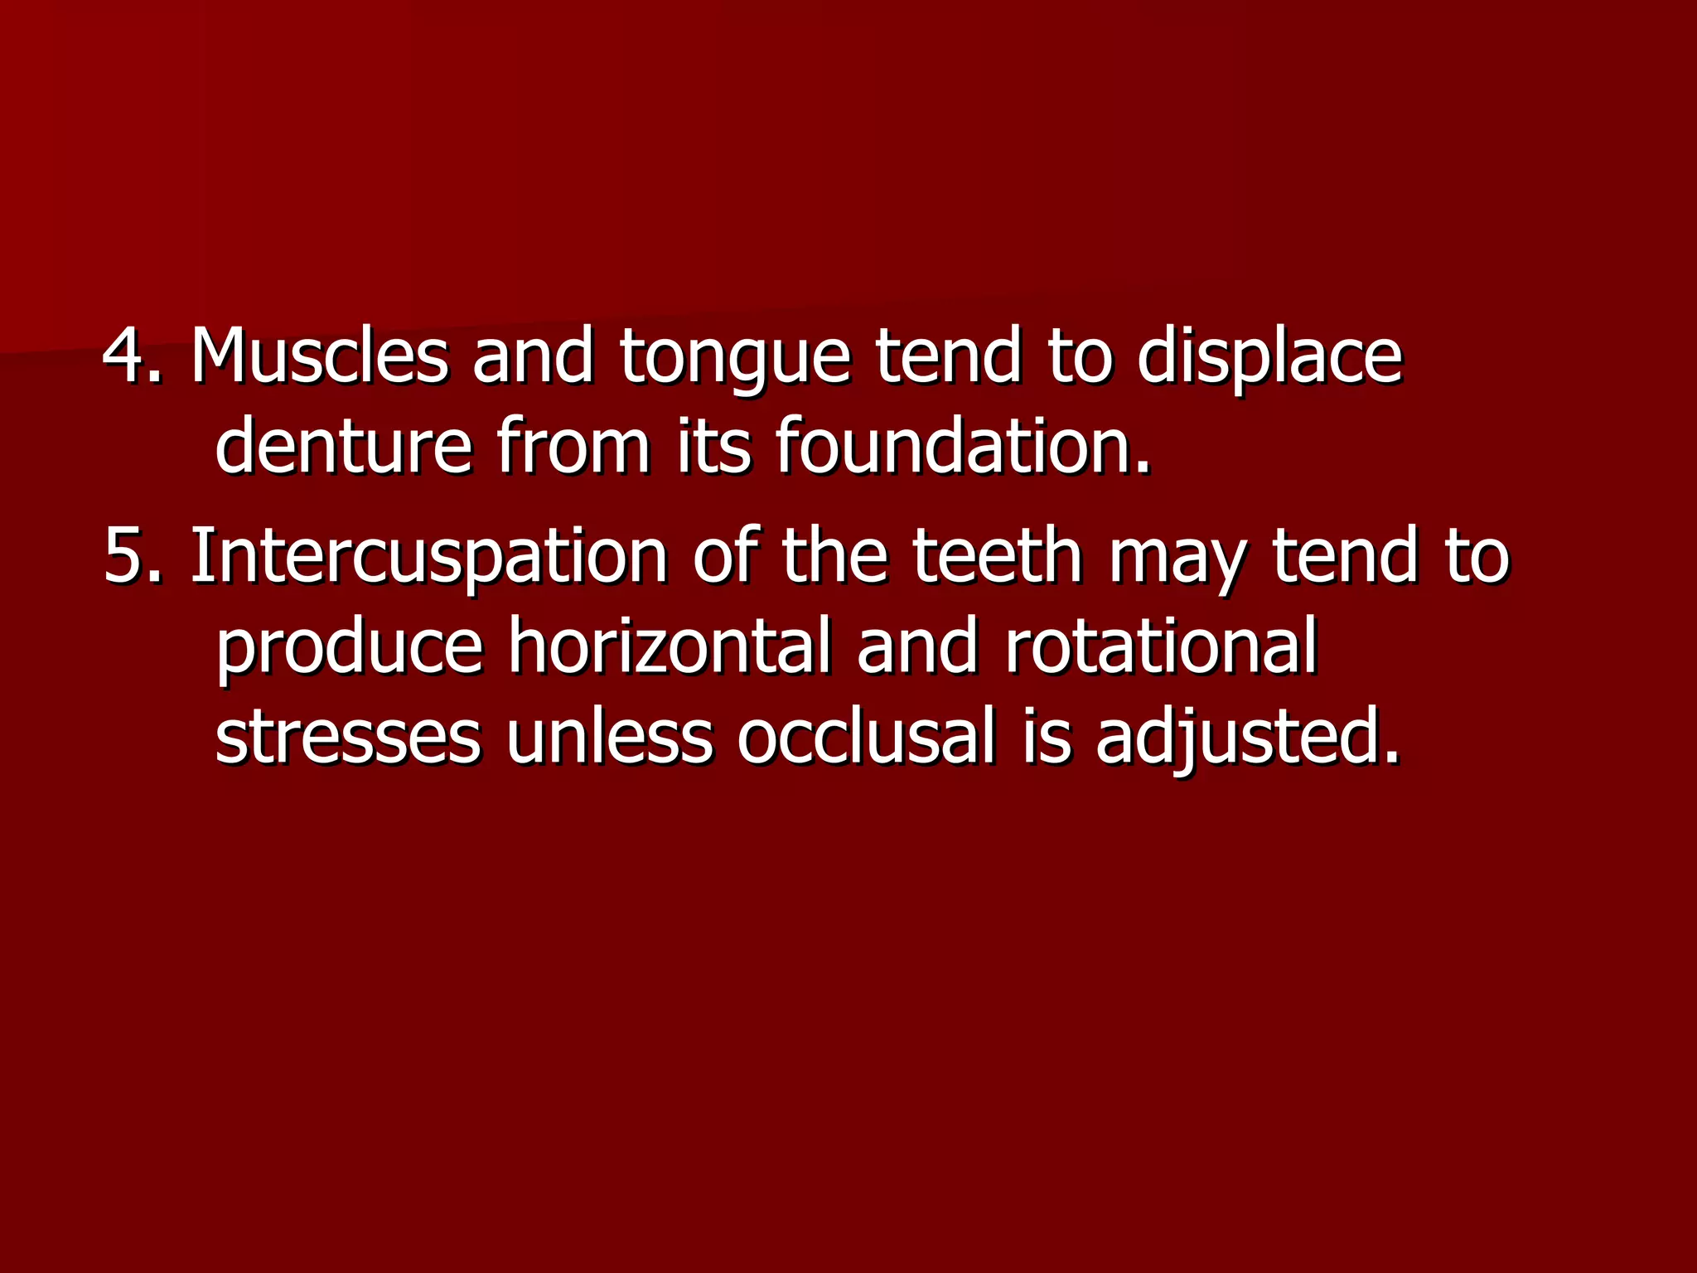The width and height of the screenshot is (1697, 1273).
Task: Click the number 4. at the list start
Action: (x=133, y=356)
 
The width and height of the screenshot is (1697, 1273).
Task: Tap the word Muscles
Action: (x=319, y=356)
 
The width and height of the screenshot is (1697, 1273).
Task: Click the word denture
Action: (x=343, y=447)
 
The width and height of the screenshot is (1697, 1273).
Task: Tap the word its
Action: (x=713, y=447)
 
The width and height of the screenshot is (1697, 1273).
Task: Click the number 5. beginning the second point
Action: (x=133, y=556)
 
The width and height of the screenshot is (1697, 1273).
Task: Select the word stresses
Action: (x=347, y=737)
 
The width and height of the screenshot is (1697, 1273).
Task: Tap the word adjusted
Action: (x=1247, y=738)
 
